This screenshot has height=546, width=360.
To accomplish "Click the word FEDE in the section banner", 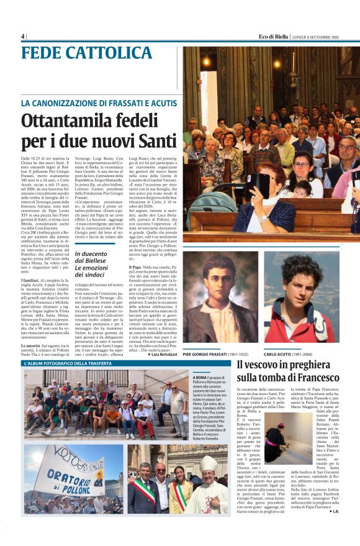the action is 47,53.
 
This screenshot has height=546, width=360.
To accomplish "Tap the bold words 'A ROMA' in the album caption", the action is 200,377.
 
